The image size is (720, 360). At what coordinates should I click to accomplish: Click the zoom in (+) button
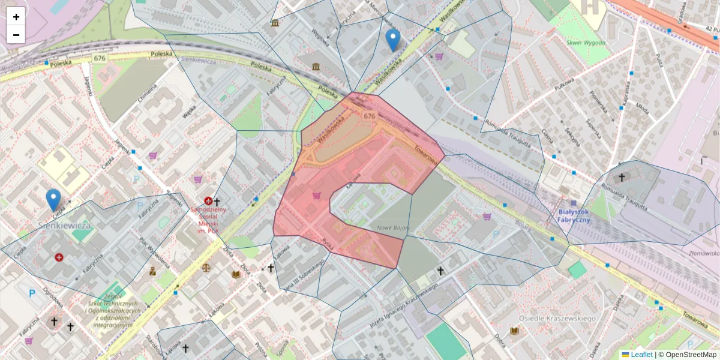click(x=16, y=17)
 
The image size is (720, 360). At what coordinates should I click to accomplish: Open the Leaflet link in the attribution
click(x=641, y=355)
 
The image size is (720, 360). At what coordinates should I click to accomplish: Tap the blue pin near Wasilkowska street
click(x=392, y=40)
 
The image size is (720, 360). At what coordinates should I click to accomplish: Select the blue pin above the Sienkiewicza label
click(x=53, y=200)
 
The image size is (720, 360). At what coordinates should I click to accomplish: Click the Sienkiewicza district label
click(x=64, y=226)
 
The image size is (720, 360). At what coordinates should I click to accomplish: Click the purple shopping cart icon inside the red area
click(x=316, y=195)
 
